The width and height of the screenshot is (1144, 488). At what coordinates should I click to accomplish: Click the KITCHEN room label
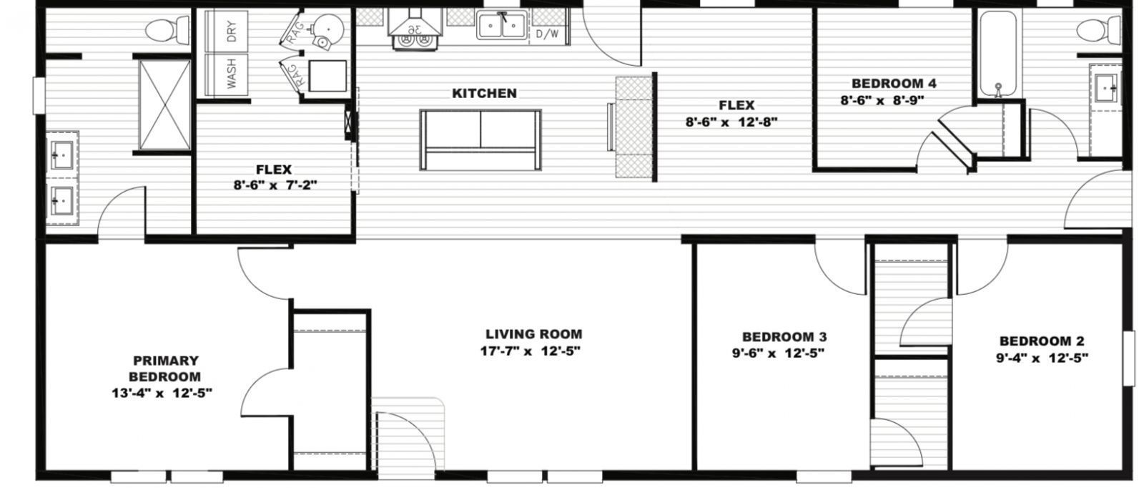click(x=484, y=93)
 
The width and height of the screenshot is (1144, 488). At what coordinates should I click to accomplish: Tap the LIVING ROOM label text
click(x=533, y=334)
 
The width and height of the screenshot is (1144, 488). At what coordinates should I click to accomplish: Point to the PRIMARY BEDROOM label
click(x=165, y=369)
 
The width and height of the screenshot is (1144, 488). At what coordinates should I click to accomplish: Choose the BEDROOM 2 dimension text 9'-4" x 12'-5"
click(x=1041, y=358)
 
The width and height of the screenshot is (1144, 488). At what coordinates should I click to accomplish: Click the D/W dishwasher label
click(x=548, y=33)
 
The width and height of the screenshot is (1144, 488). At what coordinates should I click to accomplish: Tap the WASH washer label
click(x=232, y=73)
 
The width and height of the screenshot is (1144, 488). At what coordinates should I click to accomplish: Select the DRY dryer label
click(x=232, y=30)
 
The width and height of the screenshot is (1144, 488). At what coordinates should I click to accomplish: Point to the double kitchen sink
click(x=504, y=25)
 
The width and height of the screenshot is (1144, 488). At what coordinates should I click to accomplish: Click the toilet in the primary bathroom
click(x=158, y=31)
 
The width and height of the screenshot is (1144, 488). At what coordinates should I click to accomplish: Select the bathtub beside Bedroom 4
click(x=995, y=54)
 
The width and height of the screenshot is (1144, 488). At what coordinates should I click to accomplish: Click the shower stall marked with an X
click(x=164, y=106)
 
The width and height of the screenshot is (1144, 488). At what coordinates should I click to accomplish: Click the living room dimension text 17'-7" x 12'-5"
click(x=529, y=351)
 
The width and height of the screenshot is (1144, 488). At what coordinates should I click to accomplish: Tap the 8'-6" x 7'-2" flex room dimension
click(x=272, y=185)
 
